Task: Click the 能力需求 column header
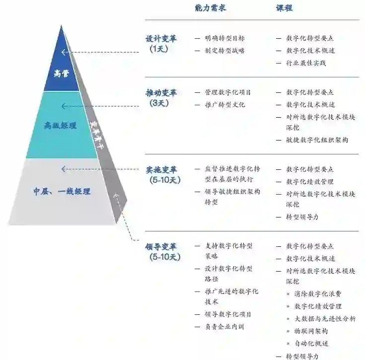210,8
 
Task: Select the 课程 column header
285,8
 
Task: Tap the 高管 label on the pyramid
62,73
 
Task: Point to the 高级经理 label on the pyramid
61,126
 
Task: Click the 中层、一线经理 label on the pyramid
62,191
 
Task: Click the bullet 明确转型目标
224,38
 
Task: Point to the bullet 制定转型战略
224,51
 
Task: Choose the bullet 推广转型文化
224,105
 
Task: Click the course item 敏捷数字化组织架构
317,140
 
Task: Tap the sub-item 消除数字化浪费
318,294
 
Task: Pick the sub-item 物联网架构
311,331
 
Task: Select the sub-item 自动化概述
311,344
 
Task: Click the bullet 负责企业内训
224,327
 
